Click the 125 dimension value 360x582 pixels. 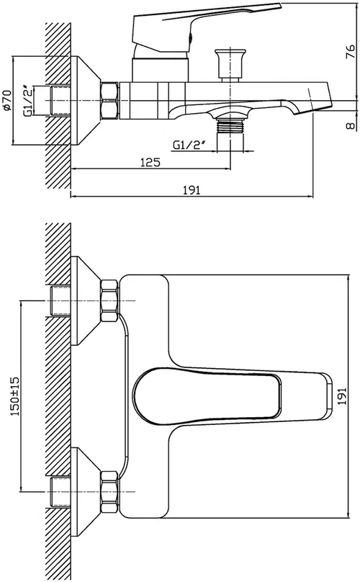point(150,162)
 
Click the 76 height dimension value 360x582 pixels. point(351,53)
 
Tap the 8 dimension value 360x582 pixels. point(351,126)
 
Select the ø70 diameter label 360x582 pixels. point(7,100)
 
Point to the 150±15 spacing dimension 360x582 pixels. point(15,395)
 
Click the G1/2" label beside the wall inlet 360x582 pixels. point(29,102)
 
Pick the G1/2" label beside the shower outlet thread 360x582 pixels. point(189,145)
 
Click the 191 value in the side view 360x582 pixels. point(192,190)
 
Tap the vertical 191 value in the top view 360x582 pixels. point(342,395)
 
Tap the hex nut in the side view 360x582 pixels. point(109,101)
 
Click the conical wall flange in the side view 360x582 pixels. point(86,101)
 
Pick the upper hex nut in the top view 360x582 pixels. point(109,300)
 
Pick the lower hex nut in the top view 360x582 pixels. point(109,492)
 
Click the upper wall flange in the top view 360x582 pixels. point(86,300)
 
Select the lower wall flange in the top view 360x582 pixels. point(86,492)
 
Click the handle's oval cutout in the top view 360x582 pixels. point(207,395)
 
